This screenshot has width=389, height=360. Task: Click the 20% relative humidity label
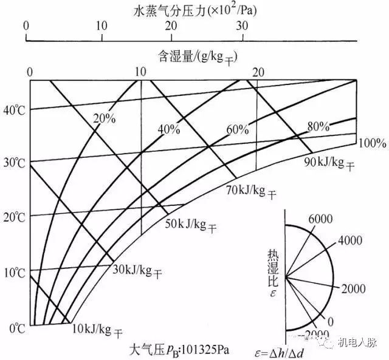pyautogui.click(x=105, y=118)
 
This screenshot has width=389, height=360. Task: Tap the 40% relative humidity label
pyautogui.click(x=170, y=129)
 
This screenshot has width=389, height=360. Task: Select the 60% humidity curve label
pyautogui.click(x=238, y=129)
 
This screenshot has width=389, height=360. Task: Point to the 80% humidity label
pyautogui.click(x=318, y=127)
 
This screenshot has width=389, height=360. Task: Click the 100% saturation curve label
pyautogui.click(x=372, y=143)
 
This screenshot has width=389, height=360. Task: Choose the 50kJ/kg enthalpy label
pyautogui.click(x=190, y=225)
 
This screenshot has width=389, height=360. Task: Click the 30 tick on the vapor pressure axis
pyautogui.click(x=243, y=25)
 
